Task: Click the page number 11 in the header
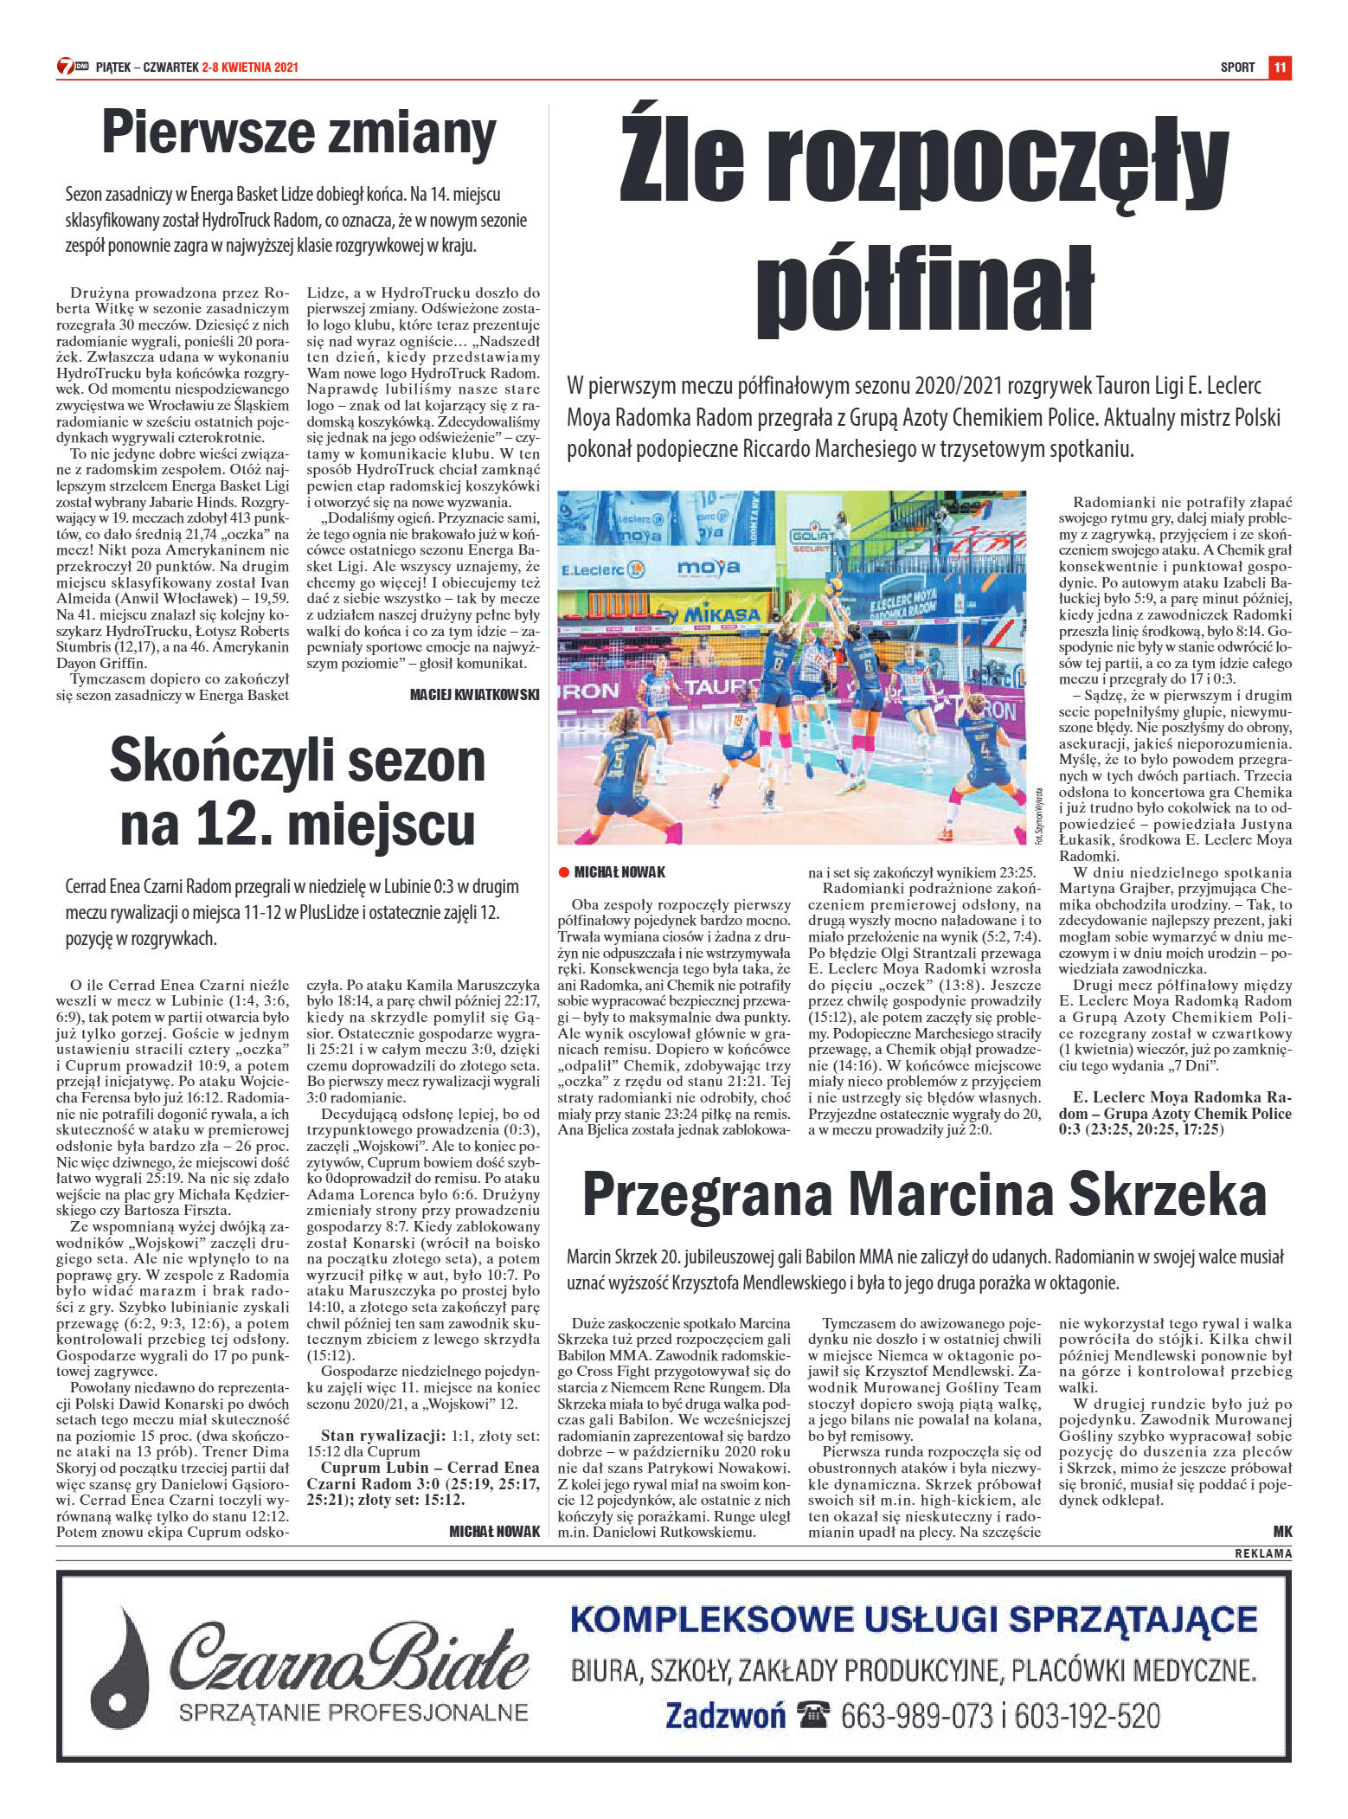tap(1280, 67)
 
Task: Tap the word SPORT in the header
tap(1237, 67)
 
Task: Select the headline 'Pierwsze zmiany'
tap(298, 134)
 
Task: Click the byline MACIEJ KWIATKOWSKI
tap(474, 694)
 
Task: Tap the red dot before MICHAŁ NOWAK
tap(564, 871)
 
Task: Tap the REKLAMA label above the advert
tap(1262, 1553)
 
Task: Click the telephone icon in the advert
tap(813, 1715)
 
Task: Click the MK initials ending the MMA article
tap(1282, 1531)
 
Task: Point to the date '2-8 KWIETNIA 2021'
tap(250, 67)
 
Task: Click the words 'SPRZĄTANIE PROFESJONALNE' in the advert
tap(353, 1712)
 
